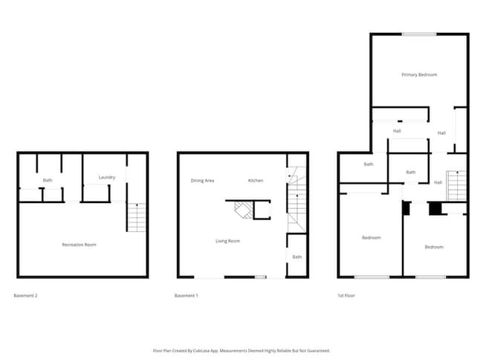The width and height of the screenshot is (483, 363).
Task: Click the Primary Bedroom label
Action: pyautogui.click(x=419, y=74)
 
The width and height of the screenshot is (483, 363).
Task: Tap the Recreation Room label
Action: pyautogui.click(x=79, y=245)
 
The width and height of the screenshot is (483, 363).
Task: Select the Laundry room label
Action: pyautogui.click(x=106, y=177)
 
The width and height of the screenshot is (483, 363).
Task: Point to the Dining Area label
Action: pyautogui.click(x=203, y=181)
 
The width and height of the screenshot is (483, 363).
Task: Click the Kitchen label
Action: pyautogui.click(x=256, y=181)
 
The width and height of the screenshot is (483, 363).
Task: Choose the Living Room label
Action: pyautogui.click(x=227, y=241)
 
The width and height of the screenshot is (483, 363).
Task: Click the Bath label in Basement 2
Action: pyautogui.click(x=48, y=180)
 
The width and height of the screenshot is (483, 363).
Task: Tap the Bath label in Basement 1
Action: pyautogui.click(x=297, y=257)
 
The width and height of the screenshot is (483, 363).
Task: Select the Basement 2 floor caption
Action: pyautogui.click(x=26, y=296)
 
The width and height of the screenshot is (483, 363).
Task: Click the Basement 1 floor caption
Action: pyautogui.click(x=187, y=296)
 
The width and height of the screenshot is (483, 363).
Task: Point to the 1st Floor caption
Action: pyautogui.click(x=346, y=296)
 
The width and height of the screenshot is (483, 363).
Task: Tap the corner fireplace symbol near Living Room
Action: pyautogui.click(x=244, y=211)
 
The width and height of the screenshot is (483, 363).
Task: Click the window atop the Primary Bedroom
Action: pyautogui.click(x=419, y=33)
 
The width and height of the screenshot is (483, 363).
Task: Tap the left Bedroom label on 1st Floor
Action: pyautogui.click(x=372, y=237)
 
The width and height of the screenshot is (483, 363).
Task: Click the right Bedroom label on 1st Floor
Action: pyautogui.click(x=434, y=246)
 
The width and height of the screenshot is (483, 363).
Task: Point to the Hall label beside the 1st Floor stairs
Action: pyautogui.click(x=438, y=182)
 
